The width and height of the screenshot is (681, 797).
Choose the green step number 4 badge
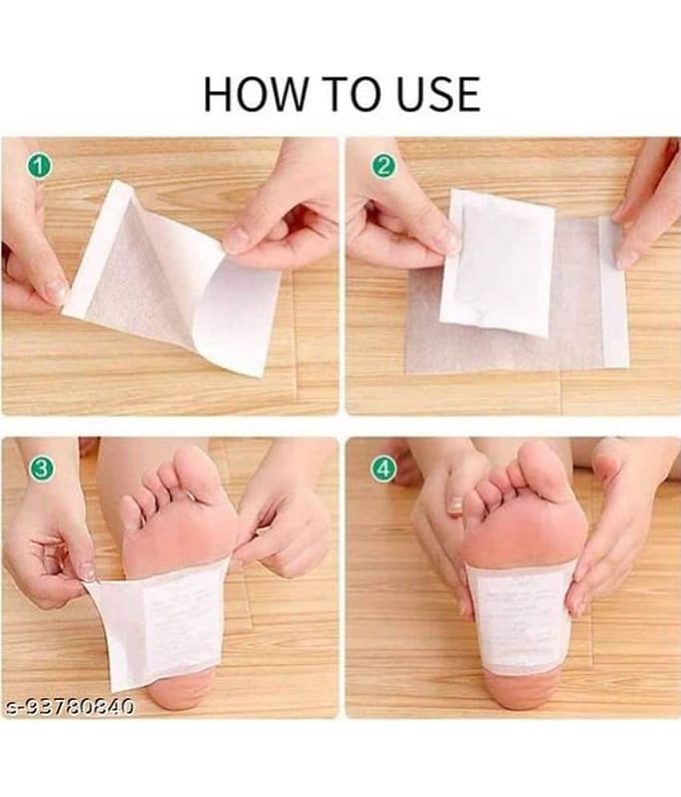pyautogui.click(x=382, y=467)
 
